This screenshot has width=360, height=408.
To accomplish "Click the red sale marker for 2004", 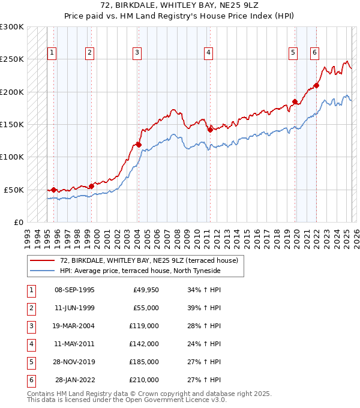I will [x=139, y=145].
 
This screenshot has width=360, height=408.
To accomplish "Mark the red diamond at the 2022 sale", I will [x=316, y=85].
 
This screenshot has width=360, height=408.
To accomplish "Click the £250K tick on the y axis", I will [x=12, y=59].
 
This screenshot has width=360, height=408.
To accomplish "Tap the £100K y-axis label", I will [x=12, y=157].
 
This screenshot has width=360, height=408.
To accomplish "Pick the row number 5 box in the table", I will [x=30, y=362].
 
